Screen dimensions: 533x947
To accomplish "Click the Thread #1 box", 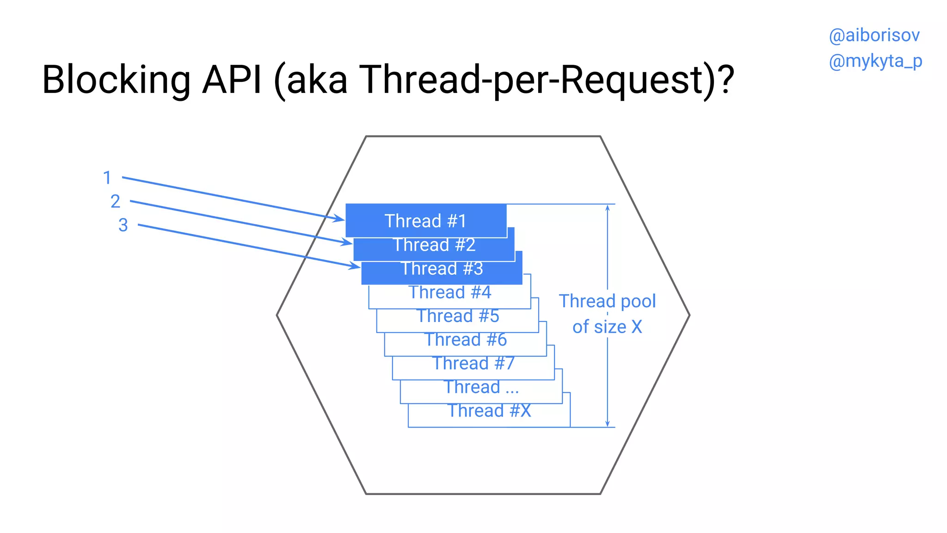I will (426, 221).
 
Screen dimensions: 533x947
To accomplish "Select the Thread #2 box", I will (434, 245).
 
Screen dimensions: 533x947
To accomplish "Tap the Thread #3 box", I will (442, 269).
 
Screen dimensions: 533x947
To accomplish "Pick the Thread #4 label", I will (450, 292).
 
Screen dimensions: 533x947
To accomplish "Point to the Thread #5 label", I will (458, 316).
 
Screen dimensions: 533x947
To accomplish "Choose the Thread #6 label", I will (466, 340).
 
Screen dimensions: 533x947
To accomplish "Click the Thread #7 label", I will (473, 364).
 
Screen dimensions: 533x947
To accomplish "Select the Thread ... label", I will (481, 387).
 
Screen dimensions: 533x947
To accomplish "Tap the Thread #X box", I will (489, 411).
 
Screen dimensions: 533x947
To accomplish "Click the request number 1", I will (107, 178).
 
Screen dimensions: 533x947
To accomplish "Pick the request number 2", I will (115, 201).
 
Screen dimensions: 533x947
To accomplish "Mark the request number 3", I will (123, 225).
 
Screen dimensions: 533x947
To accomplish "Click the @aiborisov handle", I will (874, 36).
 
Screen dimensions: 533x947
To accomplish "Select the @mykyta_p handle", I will (875, 61).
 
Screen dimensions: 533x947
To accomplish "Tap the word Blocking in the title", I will (116, 80).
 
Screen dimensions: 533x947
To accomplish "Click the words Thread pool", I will (607, 301).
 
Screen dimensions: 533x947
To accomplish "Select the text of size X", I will (607, 327).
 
